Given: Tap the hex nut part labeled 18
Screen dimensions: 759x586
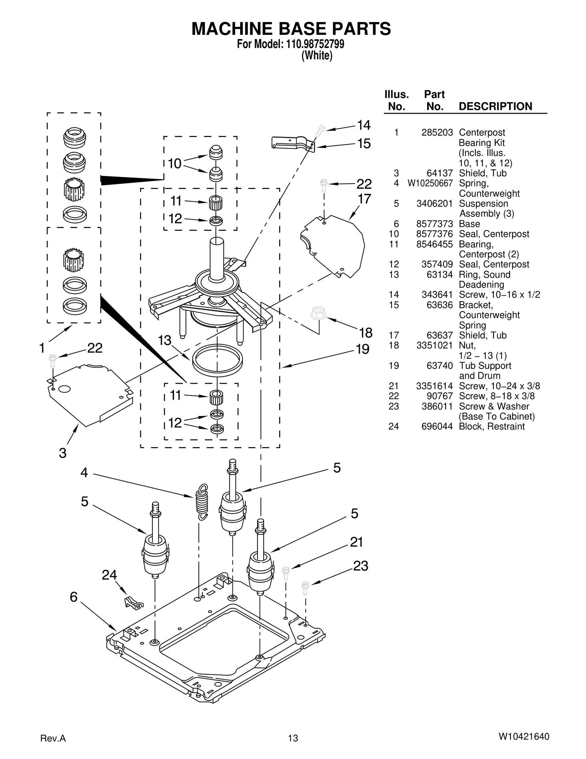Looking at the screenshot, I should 318,314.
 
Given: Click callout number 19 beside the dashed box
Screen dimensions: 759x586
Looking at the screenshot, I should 363,349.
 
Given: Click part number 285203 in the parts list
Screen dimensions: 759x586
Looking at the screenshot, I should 437,133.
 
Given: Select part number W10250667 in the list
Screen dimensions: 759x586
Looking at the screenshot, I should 430,183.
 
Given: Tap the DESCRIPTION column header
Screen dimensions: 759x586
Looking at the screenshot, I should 495,107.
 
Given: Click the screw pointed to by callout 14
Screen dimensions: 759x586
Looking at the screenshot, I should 320,130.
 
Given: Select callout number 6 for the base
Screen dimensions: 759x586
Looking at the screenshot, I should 74,597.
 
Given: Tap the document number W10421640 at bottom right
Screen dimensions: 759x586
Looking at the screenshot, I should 524,737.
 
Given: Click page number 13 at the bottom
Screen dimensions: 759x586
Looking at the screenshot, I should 293,738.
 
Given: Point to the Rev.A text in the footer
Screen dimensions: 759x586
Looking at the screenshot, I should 53,738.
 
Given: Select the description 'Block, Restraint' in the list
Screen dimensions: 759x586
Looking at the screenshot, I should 492,427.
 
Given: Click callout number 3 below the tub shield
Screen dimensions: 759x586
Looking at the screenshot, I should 63,453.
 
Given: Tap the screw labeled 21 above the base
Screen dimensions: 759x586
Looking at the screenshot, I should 286,572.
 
